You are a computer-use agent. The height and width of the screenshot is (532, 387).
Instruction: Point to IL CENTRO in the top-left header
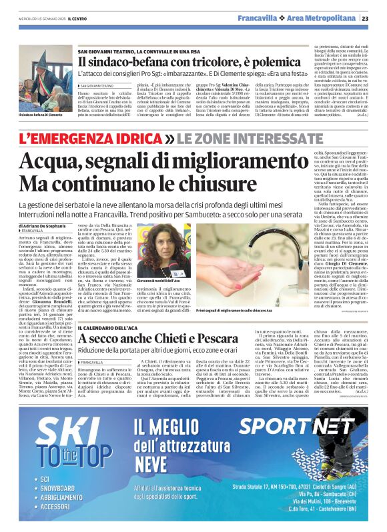78,18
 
